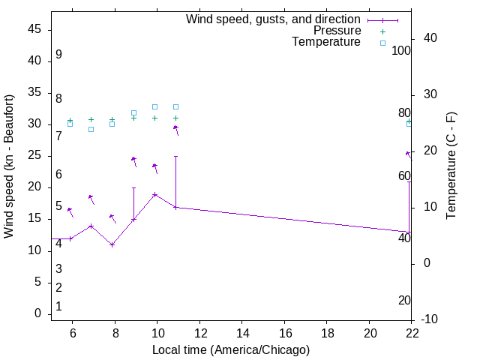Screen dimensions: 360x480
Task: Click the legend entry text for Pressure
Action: pyautogui.click(x=337, y=31)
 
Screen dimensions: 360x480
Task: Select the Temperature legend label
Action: pyautogui.click(x=326, y=42)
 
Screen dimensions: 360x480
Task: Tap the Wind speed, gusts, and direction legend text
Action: pyautogui.click(x=273, y=19)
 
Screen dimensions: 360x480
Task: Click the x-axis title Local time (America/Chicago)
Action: pyautogui.click(x=230, y=349)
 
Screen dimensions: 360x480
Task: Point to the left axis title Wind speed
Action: pyautogui.click(x=9, y=166)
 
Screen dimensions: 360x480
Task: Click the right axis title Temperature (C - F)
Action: pyautogui.click(x=451, y=166)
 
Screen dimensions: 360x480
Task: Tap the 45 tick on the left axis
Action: pyautogui.click(x=34, y=29)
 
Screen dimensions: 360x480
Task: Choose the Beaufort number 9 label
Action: pyautogui.click(x=58, y=55)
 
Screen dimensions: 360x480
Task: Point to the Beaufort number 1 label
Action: pyautogui.click(x=58, y=307)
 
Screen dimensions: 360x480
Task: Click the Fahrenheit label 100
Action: pyautogui.click(x=401, y=51)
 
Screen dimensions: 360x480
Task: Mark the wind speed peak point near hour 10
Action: pyautogui.click(x=155, y=194)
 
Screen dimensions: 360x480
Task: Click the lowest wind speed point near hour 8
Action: pyautogui.click(x=112, y=244)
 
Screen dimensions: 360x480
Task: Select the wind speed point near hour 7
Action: pyautogui.click(x=91, y=226)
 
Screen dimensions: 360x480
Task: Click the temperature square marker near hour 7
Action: pyautogui.click(x=91, y=129)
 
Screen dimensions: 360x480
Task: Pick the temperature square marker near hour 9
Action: pyautogui.click(x=133, y=112)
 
